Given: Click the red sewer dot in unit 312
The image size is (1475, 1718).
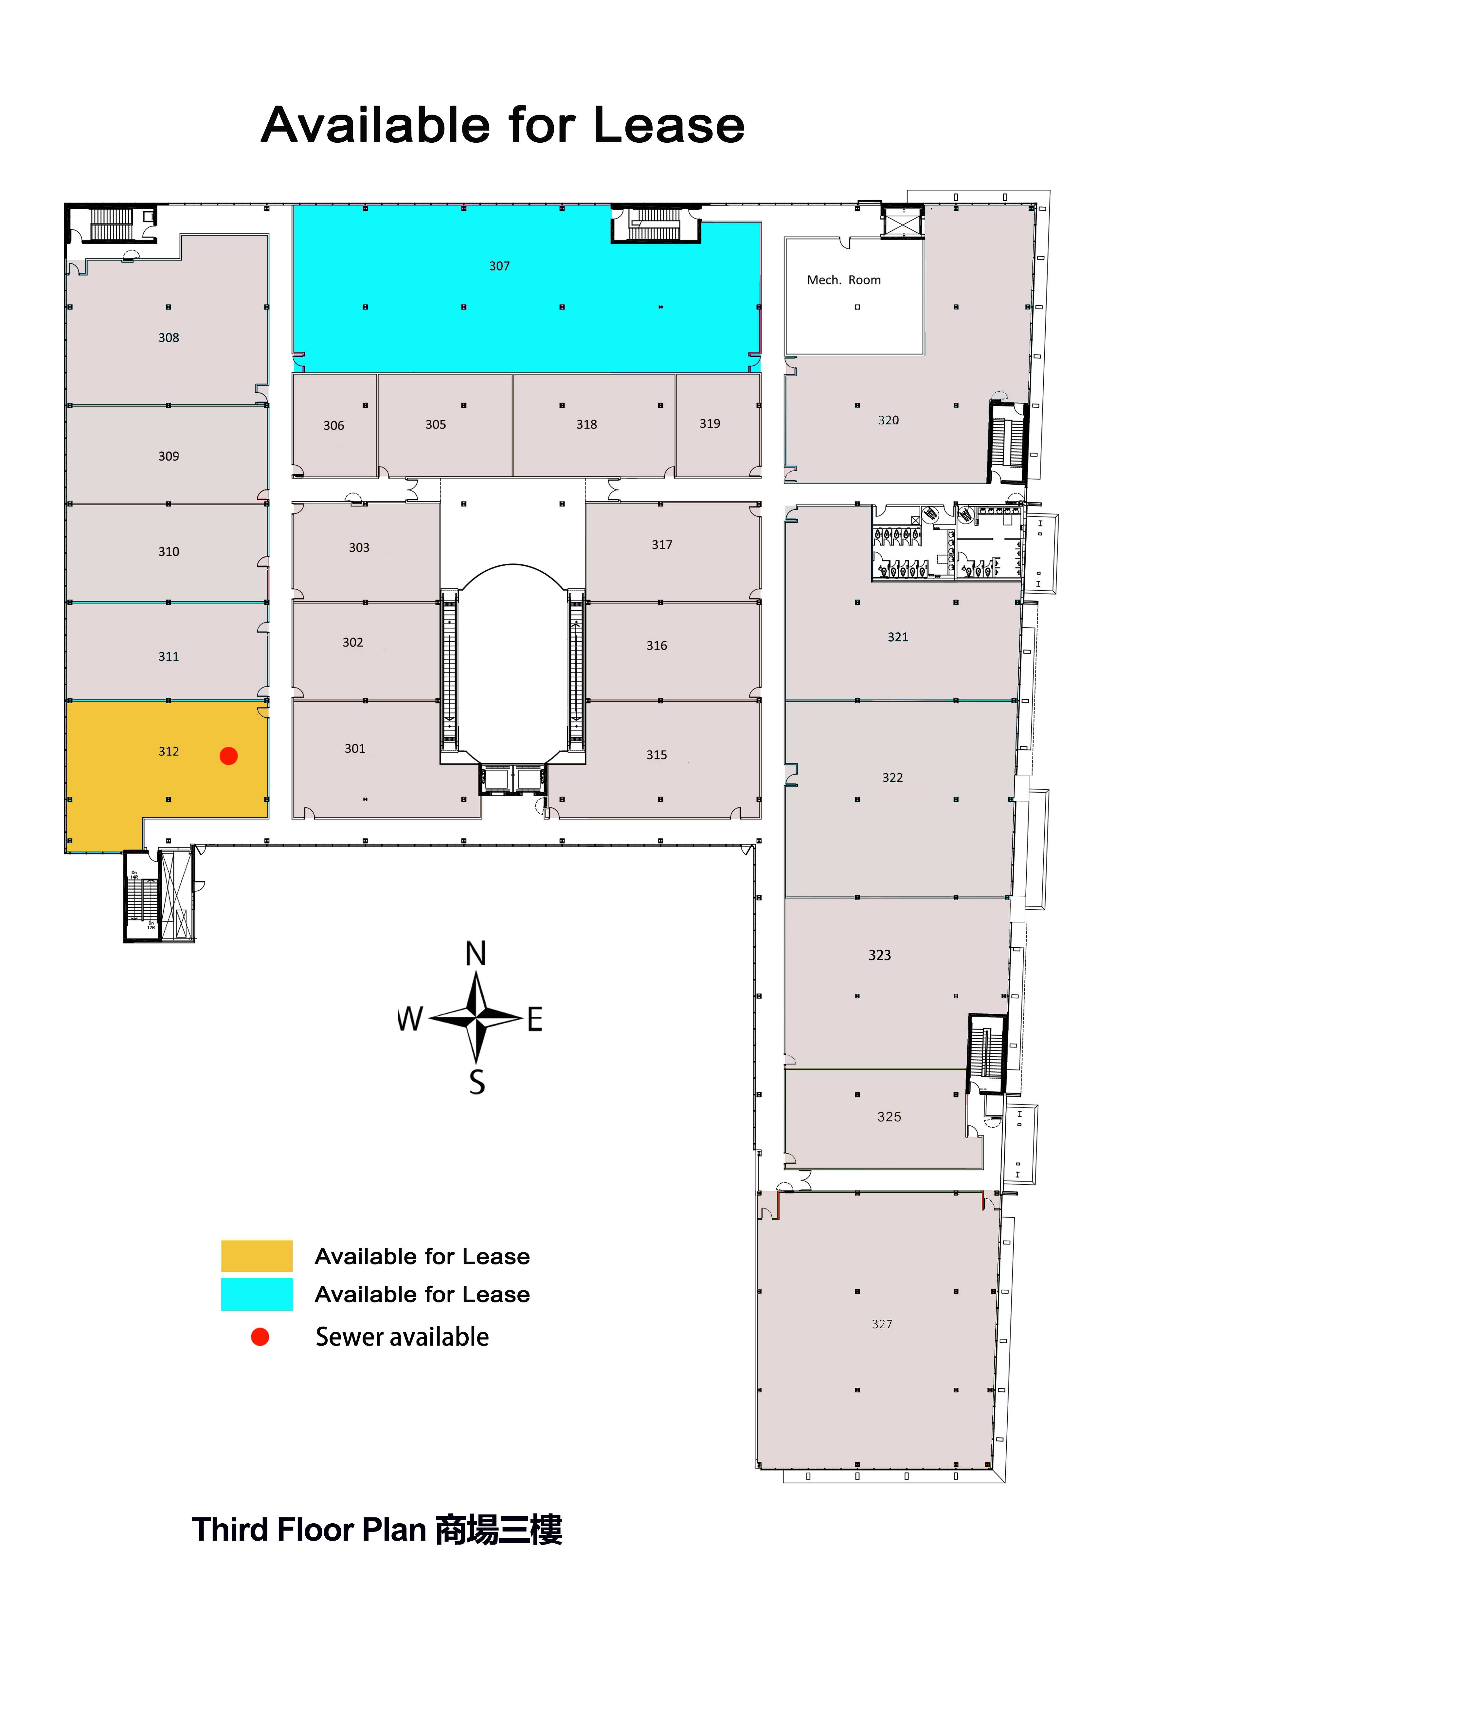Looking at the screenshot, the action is (x=229, y=755).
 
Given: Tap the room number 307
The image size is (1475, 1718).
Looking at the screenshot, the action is (x=499, y=266).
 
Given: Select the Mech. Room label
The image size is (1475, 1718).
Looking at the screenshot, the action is (x=844, y=280).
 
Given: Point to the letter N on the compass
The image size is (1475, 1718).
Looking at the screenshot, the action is (x=476, y=954).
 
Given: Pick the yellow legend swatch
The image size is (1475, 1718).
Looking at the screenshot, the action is (x=257, y=1256).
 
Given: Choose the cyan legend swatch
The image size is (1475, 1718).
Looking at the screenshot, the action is (x=257, y=1294).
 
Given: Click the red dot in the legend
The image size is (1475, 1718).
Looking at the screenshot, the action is (x=261, y=1336).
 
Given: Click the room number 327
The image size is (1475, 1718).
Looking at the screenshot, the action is (x=882, y=1324).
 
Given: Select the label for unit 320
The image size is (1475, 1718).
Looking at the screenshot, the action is (x=889, y=421).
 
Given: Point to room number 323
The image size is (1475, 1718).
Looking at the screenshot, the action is (x=880, y=955).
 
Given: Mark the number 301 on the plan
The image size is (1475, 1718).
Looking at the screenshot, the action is (x=355, y=749).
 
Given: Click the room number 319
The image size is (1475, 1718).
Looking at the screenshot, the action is (x=710, y=424).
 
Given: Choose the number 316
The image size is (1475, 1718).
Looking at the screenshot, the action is (x=657, y=646).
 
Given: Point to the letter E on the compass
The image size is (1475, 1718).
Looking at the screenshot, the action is (x=535, y=1019).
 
